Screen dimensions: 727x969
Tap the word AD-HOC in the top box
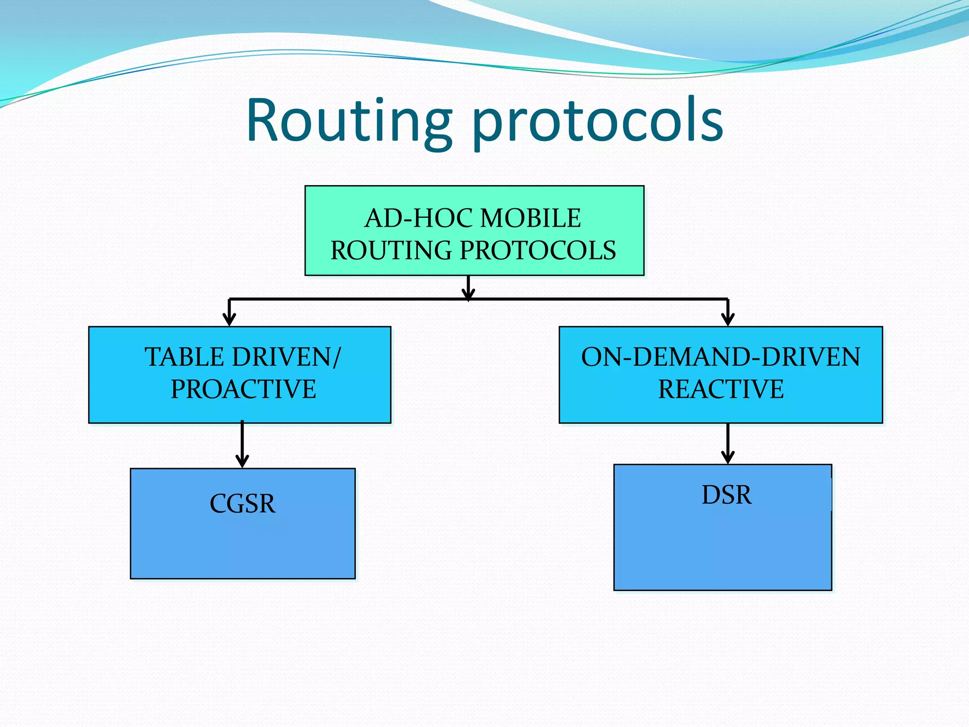coord(418,218)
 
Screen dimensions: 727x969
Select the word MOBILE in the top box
coord(530,218)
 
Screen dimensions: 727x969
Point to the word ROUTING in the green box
coord(392,250)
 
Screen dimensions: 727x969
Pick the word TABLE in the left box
coord(184,357)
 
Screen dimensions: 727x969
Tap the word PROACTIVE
coord(243,389)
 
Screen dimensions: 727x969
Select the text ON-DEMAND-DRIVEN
coord(720,357)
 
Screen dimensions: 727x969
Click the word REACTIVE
coord(721,389)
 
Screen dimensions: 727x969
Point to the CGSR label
coord(242,504)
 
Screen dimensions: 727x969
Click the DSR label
coord(726,495)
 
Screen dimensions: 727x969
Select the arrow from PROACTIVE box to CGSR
coord(242,443)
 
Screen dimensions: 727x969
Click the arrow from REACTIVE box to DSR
coord(728,443)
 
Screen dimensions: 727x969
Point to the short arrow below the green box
coord(468,287)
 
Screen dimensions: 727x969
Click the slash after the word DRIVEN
coord(336,357)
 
